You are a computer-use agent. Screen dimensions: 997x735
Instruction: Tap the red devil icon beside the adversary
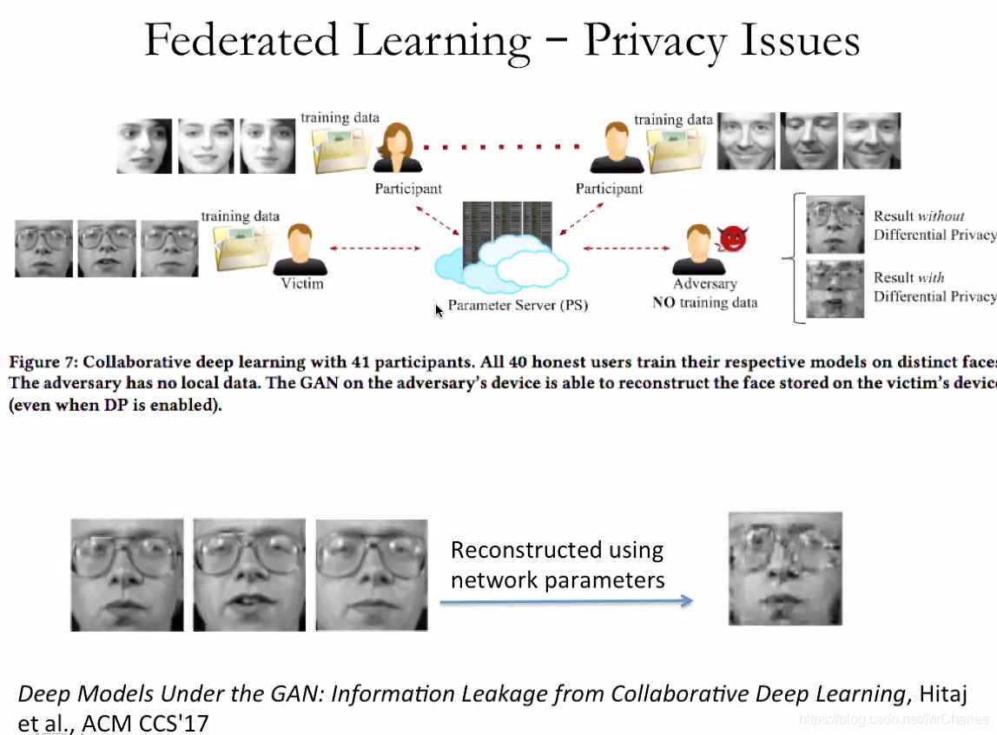click(x=732, y=238)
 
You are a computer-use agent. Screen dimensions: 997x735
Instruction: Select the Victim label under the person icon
click(x=302, y=283)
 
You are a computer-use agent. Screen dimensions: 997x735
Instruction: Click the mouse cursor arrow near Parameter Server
click(x=439, y=310)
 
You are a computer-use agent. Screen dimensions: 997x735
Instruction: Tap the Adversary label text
click(x=704, y=284)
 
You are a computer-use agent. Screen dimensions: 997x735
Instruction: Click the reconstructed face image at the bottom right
click(x=785, y=568)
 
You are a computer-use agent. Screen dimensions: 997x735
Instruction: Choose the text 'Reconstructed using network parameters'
click(x=558, y=565)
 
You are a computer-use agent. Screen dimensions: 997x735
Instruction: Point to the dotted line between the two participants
click(x=506, y=149)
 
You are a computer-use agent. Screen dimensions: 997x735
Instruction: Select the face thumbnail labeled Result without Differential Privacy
click(x=835, y=225)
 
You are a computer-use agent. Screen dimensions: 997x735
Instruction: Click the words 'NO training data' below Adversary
click(x=704, y=302)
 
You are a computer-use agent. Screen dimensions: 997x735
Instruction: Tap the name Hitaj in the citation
click(x=941, y=694)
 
